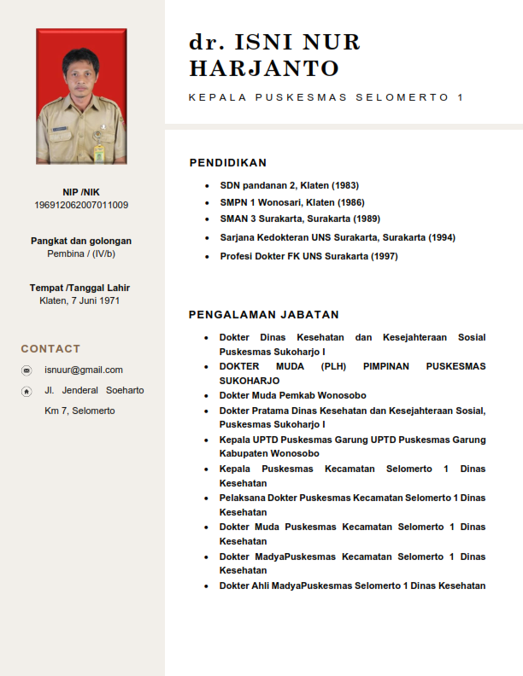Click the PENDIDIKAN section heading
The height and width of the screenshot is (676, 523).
(x=227, y=163)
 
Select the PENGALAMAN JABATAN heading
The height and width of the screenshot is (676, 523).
(x=264, y=315)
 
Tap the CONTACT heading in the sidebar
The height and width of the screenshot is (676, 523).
(x=50, y=349)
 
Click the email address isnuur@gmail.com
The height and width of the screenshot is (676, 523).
(x=84, y=370)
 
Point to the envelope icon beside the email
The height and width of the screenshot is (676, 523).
(x=26, y=370)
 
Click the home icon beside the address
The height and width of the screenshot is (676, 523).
(x=26, y=391)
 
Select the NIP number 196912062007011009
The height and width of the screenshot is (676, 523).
(x=81, y=205)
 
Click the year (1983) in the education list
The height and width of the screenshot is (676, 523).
(x=345, y=185)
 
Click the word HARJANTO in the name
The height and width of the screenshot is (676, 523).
(x=263, y=68)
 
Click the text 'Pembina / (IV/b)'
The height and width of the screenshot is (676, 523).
(x=81, y=253)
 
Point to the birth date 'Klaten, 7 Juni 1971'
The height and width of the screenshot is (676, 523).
(x=80, y=300)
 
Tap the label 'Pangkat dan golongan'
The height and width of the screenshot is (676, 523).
(x=81, y=241)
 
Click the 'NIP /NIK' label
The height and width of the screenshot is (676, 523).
(x=81, y=192)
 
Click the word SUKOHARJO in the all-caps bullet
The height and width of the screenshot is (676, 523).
(x=250, y=381)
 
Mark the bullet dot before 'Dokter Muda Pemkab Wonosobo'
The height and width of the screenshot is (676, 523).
(x=206, y=396)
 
